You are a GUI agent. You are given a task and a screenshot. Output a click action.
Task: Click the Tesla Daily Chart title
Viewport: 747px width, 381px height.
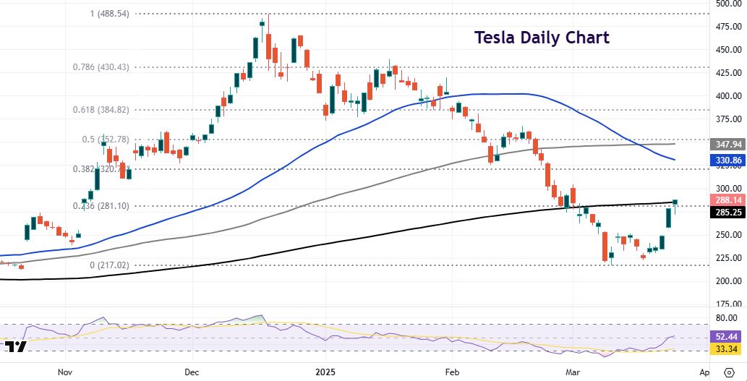(542, 38)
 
